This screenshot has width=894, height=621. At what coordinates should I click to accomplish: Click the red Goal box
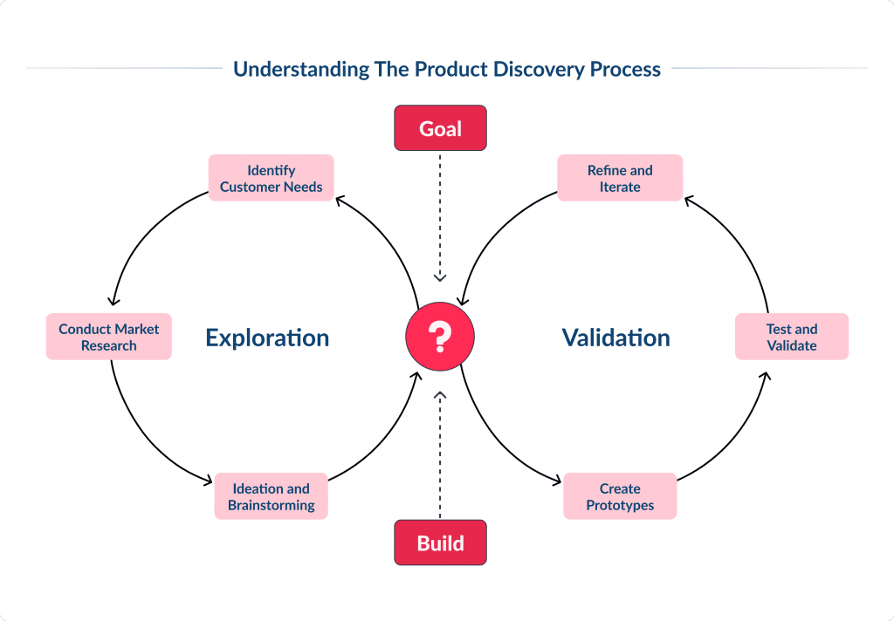(x=440, y=129)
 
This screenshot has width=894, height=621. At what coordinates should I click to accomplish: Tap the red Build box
(x=440, y=543)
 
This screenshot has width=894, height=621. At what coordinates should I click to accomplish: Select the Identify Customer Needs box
(x=271, y=178)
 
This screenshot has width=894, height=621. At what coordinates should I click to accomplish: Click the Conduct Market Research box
(x=109, y=337)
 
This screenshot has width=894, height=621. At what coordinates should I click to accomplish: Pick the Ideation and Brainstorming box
(x=271, y=496)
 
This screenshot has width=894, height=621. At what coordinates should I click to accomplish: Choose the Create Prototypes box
(x=620, y=496)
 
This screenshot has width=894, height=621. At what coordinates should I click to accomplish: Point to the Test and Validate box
(x=792, y=337)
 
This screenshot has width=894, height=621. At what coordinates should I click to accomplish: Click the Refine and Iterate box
(x=620, y=178)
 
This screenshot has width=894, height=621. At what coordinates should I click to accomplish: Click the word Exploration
(x=267, y=338)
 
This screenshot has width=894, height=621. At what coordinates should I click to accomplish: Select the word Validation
(x=615, y=338)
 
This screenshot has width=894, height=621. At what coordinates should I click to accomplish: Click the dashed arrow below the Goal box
(x=440, y=218)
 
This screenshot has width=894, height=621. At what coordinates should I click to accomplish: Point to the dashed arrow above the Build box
(x=440, y=454)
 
